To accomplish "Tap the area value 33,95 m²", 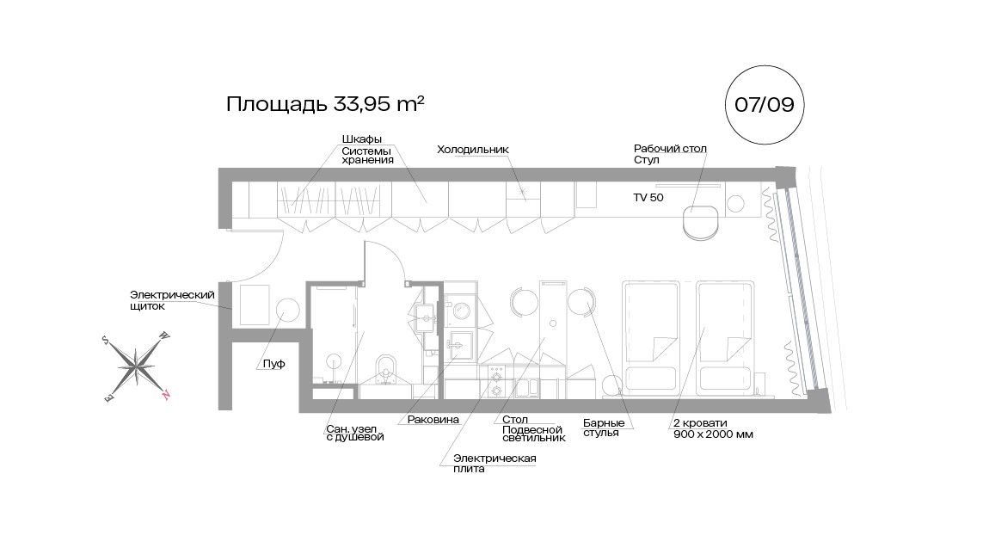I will click(x=376, y=104).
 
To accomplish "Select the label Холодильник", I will click(x=472, y=150).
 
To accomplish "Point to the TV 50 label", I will click(x=649, y=197).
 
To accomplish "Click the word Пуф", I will click(x=273, y=365).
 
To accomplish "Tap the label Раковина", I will click(x=427, y=420).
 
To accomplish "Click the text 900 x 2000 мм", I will click(x=713, y=434).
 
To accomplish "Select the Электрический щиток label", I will click(x=171, y=300).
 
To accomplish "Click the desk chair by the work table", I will click(x=699, y=223).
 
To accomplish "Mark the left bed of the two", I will click(x=652, y=335).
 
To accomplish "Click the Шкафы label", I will click(x=361, y=139).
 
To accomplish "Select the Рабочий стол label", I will click(x=669, y=149).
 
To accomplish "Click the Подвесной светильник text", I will click(x=533, y=433).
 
